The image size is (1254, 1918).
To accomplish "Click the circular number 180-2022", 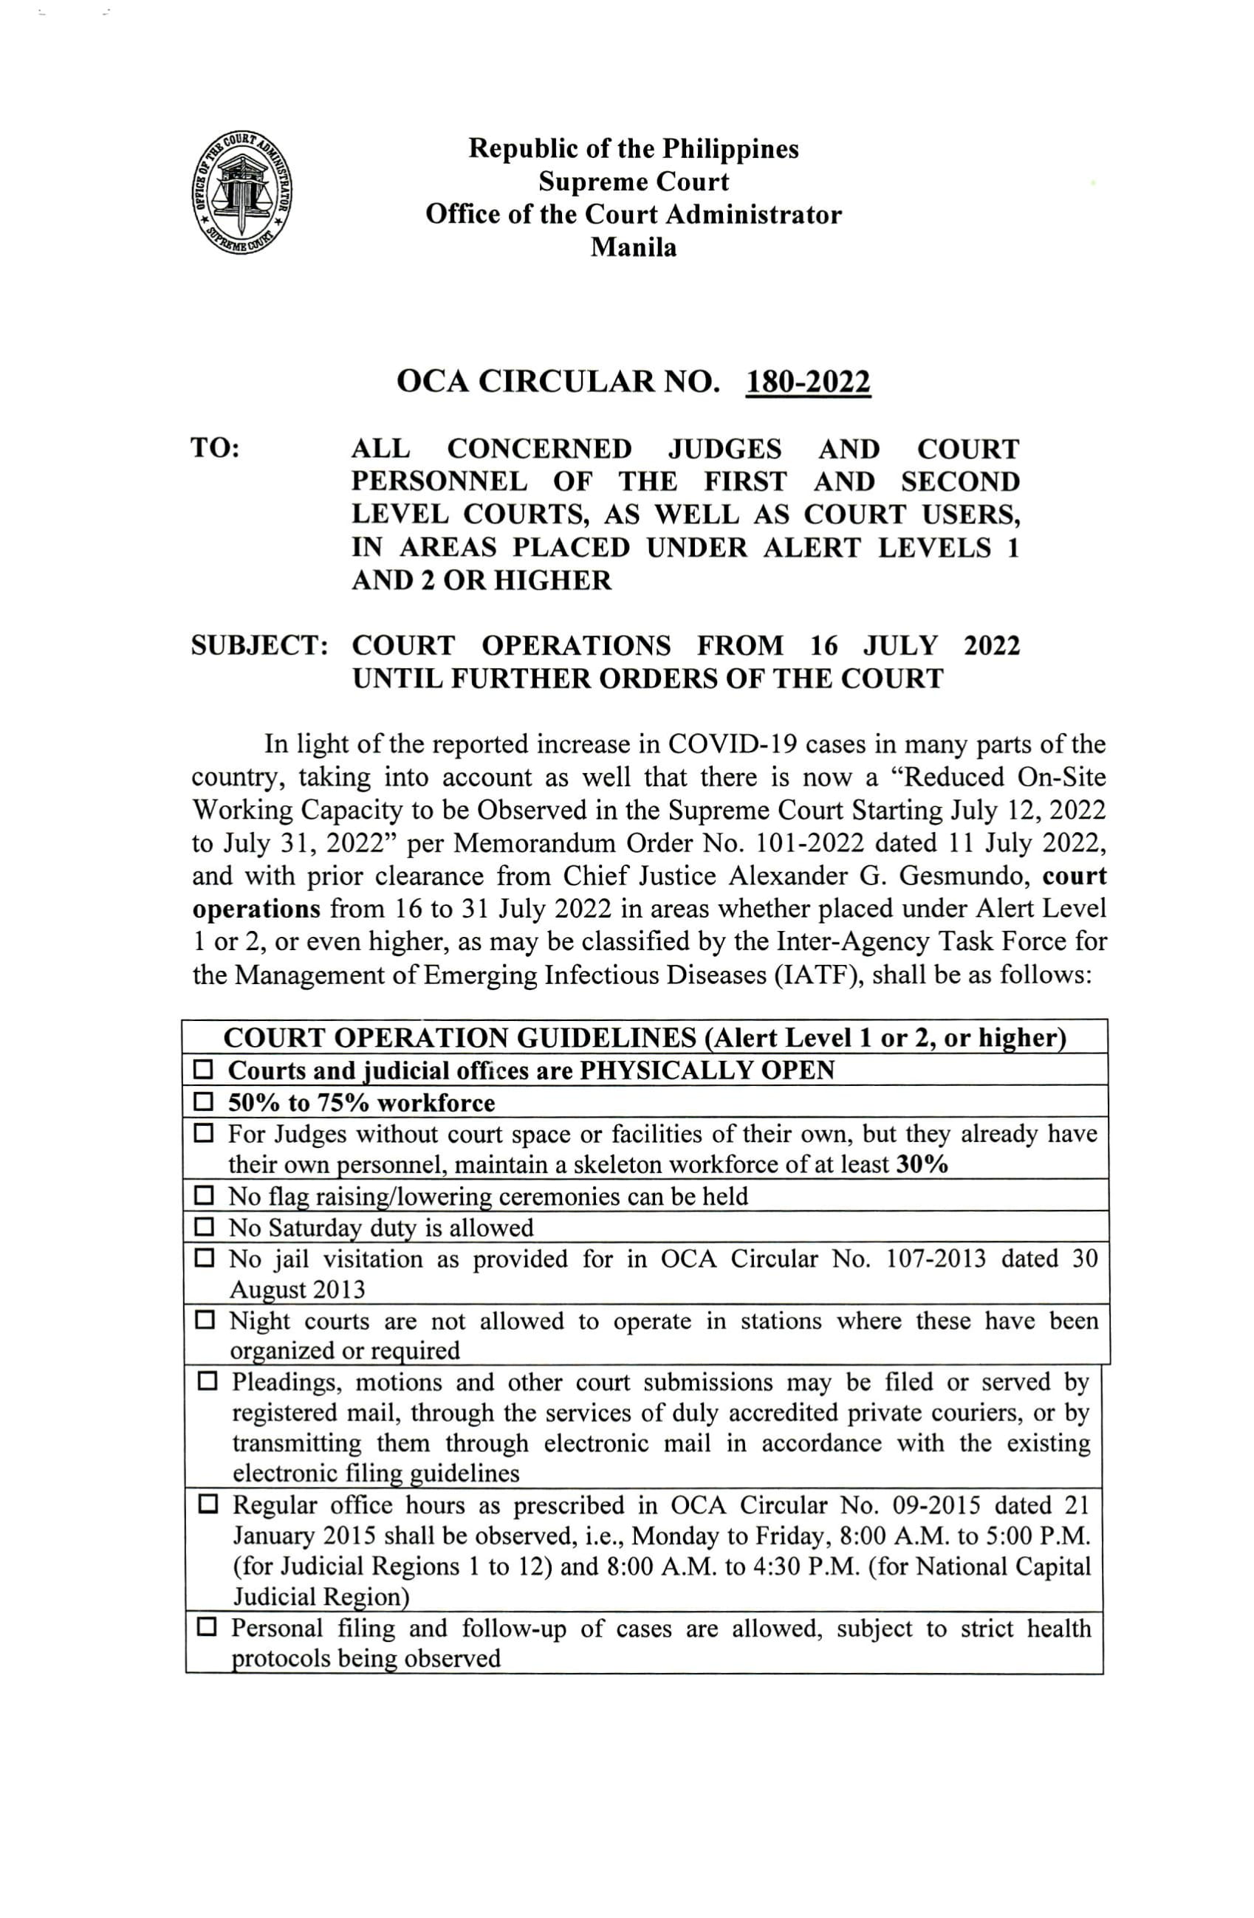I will pos(809,382).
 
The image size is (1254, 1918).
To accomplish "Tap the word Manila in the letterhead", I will pos(634,247).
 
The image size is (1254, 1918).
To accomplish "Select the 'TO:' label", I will pos(215,449).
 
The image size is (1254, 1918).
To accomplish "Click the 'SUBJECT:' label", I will pos(258,645).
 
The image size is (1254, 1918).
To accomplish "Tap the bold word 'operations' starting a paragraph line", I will pos(256,909).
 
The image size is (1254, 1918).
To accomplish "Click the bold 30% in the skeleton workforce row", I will pos(922,1165).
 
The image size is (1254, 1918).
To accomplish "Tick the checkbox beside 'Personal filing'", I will pos(207,1629).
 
